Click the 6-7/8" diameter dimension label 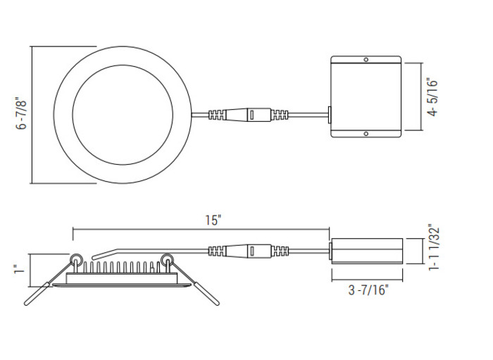22,115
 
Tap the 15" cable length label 213,219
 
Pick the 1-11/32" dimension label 434,252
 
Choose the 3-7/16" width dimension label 367,289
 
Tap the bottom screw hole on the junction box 366,134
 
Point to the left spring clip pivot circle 74,259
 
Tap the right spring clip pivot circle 168,260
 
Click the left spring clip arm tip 27,302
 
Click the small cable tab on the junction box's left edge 330,114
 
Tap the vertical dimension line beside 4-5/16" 421,97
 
